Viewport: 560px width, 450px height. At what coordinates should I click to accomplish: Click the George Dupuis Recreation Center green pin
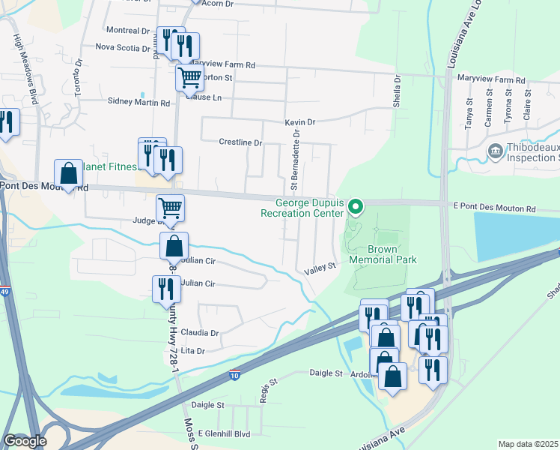tap(357, 206)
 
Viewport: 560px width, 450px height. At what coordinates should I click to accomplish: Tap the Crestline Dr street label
tap(240, 142)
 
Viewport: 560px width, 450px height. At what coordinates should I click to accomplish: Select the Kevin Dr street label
tap(300, 122)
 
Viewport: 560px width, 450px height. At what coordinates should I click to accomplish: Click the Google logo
tap(25, 441)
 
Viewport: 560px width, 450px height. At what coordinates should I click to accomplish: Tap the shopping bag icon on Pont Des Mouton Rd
tap(68, 174)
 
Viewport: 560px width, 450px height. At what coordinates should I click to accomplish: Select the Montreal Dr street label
tap(128, 31)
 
